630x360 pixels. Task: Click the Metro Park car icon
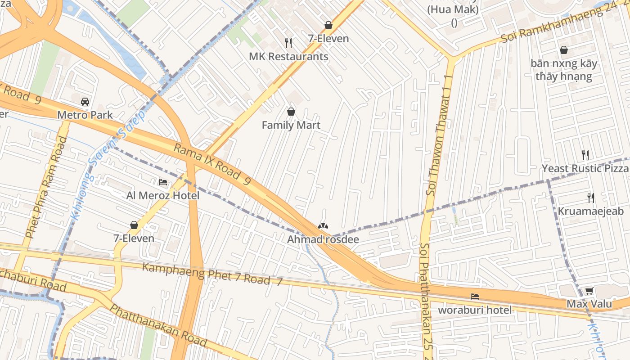click(x=85, y=101)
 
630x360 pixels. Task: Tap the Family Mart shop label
click(x=291, y=125)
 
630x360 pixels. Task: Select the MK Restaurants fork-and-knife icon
click(x=288, y=43)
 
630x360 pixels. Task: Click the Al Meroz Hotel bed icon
click(x=163, y=182)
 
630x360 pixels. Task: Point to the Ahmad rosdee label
click(x=323, y=239)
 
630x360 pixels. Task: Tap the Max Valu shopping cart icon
click(x=589, y=291)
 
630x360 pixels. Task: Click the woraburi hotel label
click(x=475, y=310)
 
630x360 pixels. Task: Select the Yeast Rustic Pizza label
click(x=585, y=168)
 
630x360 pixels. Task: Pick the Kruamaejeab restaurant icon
click(x=591, y=198)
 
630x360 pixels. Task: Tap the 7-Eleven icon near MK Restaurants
click(x=328, y=25)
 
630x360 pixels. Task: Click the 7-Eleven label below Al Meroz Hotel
click(x=134, y=238)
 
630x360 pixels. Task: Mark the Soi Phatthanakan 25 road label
click(x=426, y=301)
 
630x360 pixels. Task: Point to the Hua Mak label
click(x=454, y=9)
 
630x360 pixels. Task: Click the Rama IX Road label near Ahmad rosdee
click(x=211, y=165)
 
